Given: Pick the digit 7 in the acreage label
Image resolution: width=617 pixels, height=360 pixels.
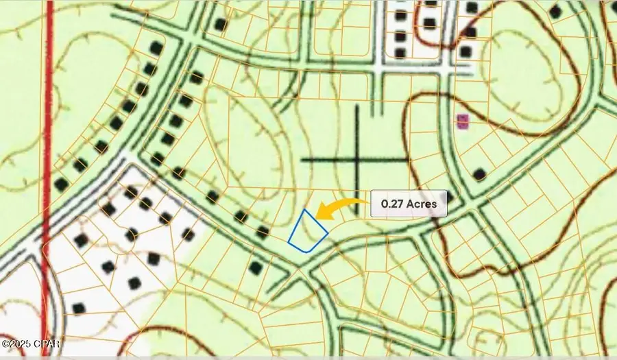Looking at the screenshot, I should [x=398, y=204].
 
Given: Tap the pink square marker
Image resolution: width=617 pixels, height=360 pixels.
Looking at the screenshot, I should [x=463, y=122].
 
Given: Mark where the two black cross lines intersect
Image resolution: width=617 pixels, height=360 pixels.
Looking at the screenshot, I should [x=357, y=160].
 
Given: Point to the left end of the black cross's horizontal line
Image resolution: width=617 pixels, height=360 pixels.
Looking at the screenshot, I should [x=302, y=160].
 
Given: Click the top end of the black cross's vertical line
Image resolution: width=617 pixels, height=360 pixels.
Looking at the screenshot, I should [x=357, y=106].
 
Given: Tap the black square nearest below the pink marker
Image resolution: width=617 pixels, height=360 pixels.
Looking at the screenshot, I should [x=480, y=174].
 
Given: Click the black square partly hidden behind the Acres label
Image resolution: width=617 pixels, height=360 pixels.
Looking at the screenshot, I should [x=448, y=195].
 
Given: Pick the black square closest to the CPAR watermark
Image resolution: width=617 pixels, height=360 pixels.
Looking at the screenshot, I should [x=78, y=309].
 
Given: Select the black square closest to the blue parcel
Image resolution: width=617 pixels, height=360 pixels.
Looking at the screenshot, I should [x=263, y=232].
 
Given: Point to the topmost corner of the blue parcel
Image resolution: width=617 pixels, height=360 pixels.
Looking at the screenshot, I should [x=304, y=210].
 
